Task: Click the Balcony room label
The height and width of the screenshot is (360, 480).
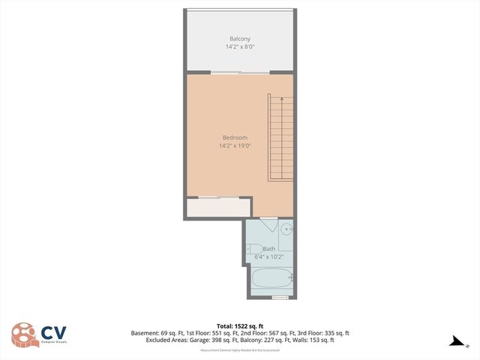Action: pos(239,38)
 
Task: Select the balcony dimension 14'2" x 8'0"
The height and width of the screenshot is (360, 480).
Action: pos(239,46)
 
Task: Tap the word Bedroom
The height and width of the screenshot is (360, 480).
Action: pos(235,137)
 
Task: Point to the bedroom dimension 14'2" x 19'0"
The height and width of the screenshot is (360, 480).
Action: pos(235,145)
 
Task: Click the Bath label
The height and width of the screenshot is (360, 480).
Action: pos(268,249)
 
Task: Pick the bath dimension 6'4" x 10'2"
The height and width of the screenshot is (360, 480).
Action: pos(268,256)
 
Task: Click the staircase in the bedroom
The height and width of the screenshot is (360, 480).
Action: pos(280,139)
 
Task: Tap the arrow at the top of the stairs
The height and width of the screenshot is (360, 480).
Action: pos(281,99)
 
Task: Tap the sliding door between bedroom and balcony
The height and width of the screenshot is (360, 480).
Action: pos(239,73)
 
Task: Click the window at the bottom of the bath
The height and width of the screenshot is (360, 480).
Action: pos(280,298)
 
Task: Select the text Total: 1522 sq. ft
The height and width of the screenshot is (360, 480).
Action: pos(239,326)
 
